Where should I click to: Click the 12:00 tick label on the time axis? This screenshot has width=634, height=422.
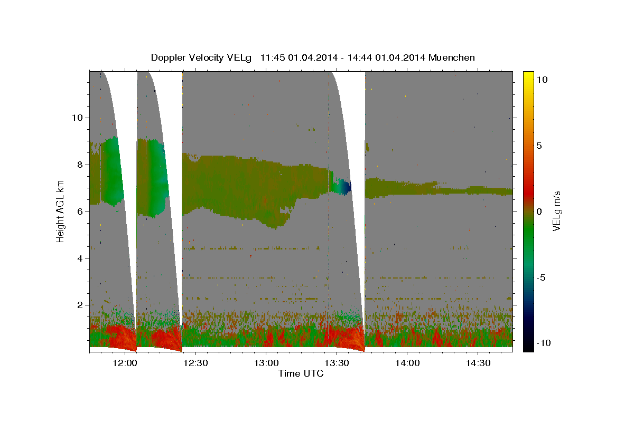click(x=125, y=363)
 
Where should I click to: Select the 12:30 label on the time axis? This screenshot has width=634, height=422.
click(x=195, y=363)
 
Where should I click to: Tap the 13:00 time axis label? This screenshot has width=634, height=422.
click(x=266, y=363)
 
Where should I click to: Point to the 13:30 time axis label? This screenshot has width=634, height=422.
click(x=337, y=363)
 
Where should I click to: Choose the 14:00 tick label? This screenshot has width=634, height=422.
click(x=407, y=363)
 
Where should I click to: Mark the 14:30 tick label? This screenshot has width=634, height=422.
click(x=478, y=363)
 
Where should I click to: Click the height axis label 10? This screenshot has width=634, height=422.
click(x=77, y=118)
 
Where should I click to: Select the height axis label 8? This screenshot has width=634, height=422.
click(x=80, y=165)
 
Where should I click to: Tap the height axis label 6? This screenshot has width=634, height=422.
click(x=80, y=212)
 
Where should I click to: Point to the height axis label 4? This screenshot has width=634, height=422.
click(x=80, y=258)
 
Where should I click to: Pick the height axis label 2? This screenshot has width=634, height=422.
click(x=80, y=305)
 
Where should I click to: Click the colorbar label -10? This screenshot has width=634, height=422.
click(x=544, y=343)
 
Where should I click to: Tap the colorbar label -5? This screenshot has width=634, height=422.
click(x=540, y=277)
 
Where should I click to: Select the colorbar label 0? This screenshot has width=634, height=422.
click(x=539, y=212)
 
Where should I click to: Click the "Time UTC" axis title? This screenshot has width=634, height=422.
click(x=301, y=373)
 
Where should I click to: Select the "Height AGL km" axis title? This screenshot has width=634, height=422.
click(x=60, y=212)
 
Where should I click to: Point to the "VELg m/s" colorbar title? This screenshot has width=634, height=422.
click(x=556, y=211)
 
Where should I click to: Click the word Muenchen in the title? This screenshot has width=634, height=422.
click(x=451, y=57)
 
